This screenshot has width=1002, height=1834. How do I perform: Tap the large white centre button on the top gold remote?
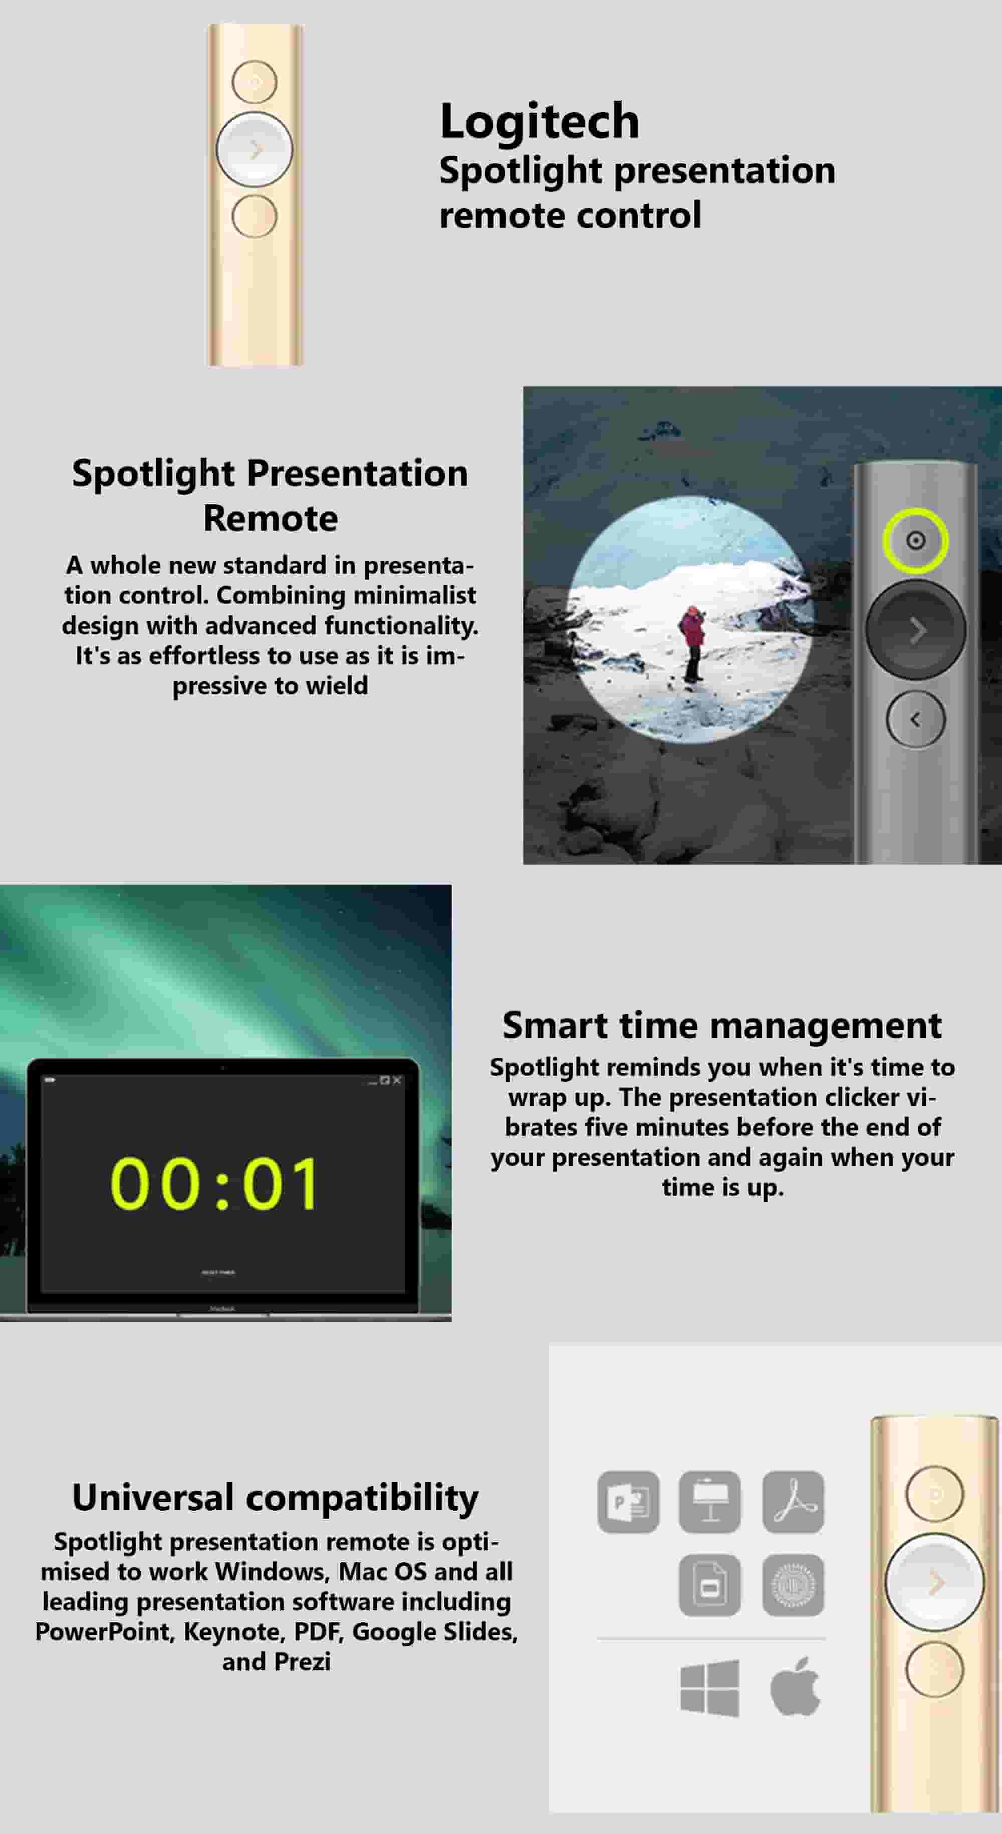[x=254, y=150]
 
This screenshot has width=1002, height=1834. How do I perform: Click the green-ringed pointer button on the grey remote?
[x=916, y=541]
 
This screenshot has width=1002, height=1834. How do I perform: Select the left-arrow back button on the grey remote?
[x=916, y=719]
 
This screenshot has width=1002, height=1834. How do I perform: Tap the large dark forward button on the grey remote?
[x=916, y=630]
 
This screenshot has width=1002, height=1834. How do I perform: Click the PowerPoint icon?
[x=628, y=1501]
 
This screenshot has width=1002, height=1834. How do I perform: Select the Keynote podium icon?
[x=710, y=1501]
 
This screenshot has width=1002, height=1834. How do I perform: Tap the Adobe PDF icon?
[x=793, y=1501]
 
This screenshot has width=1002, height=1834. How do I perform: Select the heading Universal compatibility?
[x=276, y=1498]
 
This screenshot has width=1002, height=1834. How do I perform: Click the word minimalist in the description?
[x=418, y=595]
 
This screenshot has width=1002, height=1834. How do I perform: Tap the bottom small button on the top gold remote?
[x=254, y=216]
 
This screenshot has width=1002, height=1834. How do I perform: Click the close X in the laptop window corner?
[x=397, y=1080]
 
